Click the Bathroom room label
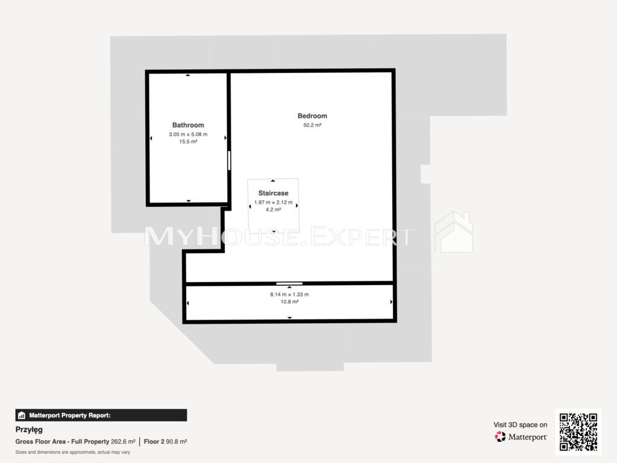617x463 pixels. (188, 125)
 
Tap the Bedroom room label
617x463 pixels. (313, 116)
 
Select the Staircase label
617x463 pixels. (273, 193)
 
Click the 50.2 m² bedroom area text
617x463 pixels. (313, 125)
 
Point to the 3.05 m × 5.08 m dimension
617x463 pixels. (188, 134)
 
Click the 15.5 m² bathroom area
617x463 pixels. (188, 142)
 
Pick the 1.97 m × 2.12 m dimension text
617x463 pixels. (273, 203)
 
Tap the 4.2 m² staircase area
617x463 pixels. (273, 210)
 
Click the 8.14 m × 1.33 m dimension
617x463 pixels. (289, 294)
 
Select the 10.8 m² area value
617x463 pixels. (289, 302)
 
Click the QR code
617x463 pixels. (578, 432)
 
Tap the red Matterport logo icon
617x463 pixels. (500, 436)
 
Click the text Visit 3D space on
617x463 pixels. (520, 425)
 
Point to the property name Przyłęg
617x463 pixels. (29, 429)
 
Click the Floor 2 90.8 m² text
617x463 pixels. (165, 442)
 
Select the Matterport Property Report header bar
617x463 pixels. (101, 415)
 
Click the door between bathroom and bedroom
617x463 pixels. (229, 160)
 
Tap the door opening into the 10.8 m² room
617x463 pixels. (289, 283)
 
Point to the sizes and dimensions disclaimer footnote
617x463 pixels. (72, 452)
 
